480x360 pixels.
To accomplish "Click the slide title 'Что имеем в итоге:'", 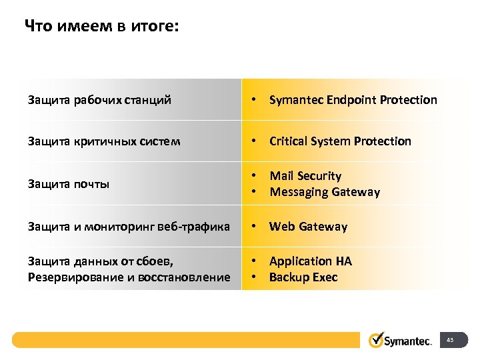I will click(x=101, y=27).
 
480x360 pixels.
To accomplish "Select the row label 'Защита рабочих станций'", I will click(x=99, y=100).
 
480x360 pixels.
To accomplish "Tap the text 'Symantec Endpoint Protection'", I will click(x=353, y=100).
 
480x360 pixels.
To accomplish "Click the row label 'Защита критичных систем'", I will click(x=104, y=141).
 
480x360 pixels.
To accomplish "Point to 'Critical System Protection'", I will click(x=340, y=141).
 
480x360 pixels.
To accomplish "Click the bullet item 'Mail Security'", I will click(x=305, y=176).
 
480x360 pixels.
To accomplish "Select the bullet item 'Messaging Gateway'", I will click(x=324, y=192).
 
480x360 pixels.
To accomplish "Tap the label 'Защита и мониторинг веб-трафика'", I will click(x=129, y=227).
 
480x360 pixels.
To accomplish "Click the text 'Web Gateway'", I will click(x=308, y=227).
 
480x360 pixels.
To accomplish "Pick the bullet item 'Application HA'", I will click(x=310, y=261).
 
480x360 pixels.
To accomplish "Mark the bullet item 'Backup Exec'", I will click(x=303, y=277).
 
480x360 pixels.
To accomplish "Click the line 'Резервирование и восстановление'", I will click(x=129, y=277).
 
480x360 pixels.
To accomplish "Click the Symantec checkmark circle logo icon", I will click(x=377, y=340).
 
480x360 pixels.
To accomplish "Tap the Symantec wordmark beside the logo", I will click(x=409, y=341).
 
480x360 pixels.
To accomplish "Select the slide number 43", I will click(x=450, y=341).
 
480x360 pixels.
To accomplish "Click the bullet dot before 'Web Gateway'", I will click(x=254, y=227).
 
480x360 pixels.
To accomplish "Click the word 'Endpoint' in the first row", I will click(x=353, y=100).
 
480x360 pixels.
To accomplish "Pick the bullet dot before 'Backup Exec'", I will click(x=254, y=277).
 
